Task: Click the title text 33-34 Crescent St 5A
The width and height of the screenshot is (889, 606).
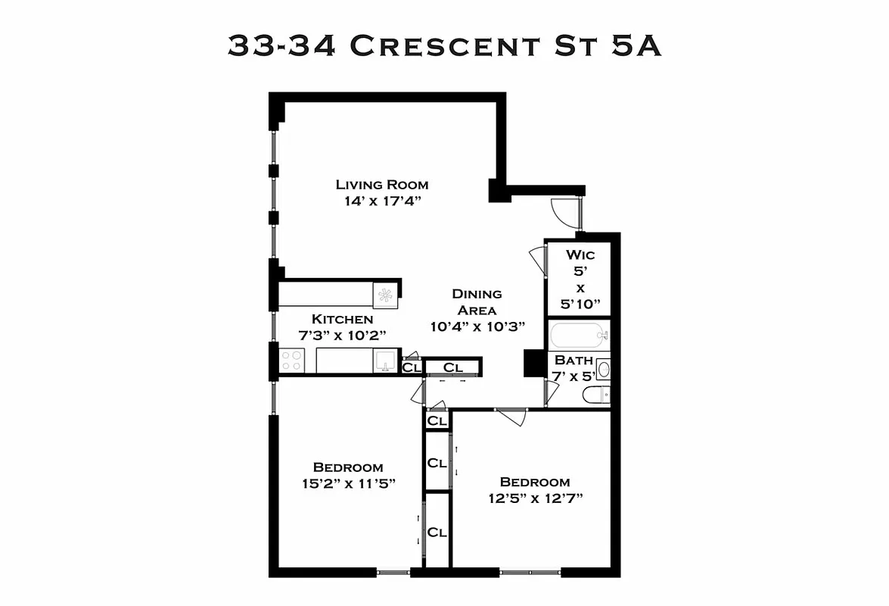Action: (444, 45)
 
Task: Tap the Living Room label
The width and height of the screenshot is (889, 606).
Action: (382, 185)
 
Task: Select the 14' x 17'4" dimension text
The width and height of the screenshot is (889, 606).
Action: (382, 201)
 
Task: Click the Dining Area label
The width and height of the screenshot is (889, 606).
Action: (476, 301)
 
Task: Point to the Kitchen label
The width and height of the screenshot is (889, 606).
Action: (342, 319)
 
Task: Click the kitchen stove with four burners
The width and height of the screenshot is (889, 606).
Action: (292, 360)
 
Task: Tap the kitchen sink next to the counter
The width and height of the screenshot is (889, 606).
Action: (384, 361)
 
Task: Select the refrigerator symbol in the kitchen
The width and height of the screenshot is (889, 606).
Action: (385, 295)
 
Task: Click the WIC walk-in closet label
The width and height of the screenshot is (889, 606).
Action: (580, 255)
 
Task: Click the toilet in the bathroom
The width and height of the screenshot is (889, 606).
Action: (595, 395)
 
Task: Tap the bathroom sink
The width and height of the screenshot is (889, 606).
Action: (602, 369)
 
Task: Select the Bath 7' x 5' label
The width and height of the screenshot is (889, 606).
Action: (573, 367)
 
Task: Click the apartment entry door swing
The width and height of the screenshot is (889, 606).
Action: (567, 213)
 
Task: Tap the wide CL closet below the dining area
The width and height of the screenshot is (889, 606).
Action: (452, 367)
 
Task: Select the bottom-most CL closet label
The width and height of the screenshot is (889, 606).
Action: (437, 532)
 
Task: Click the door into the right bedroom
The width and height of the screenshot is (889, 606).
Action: (511, 416)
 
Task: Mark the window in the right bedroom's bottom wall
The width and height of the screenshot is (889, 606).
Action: (530, 572)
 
